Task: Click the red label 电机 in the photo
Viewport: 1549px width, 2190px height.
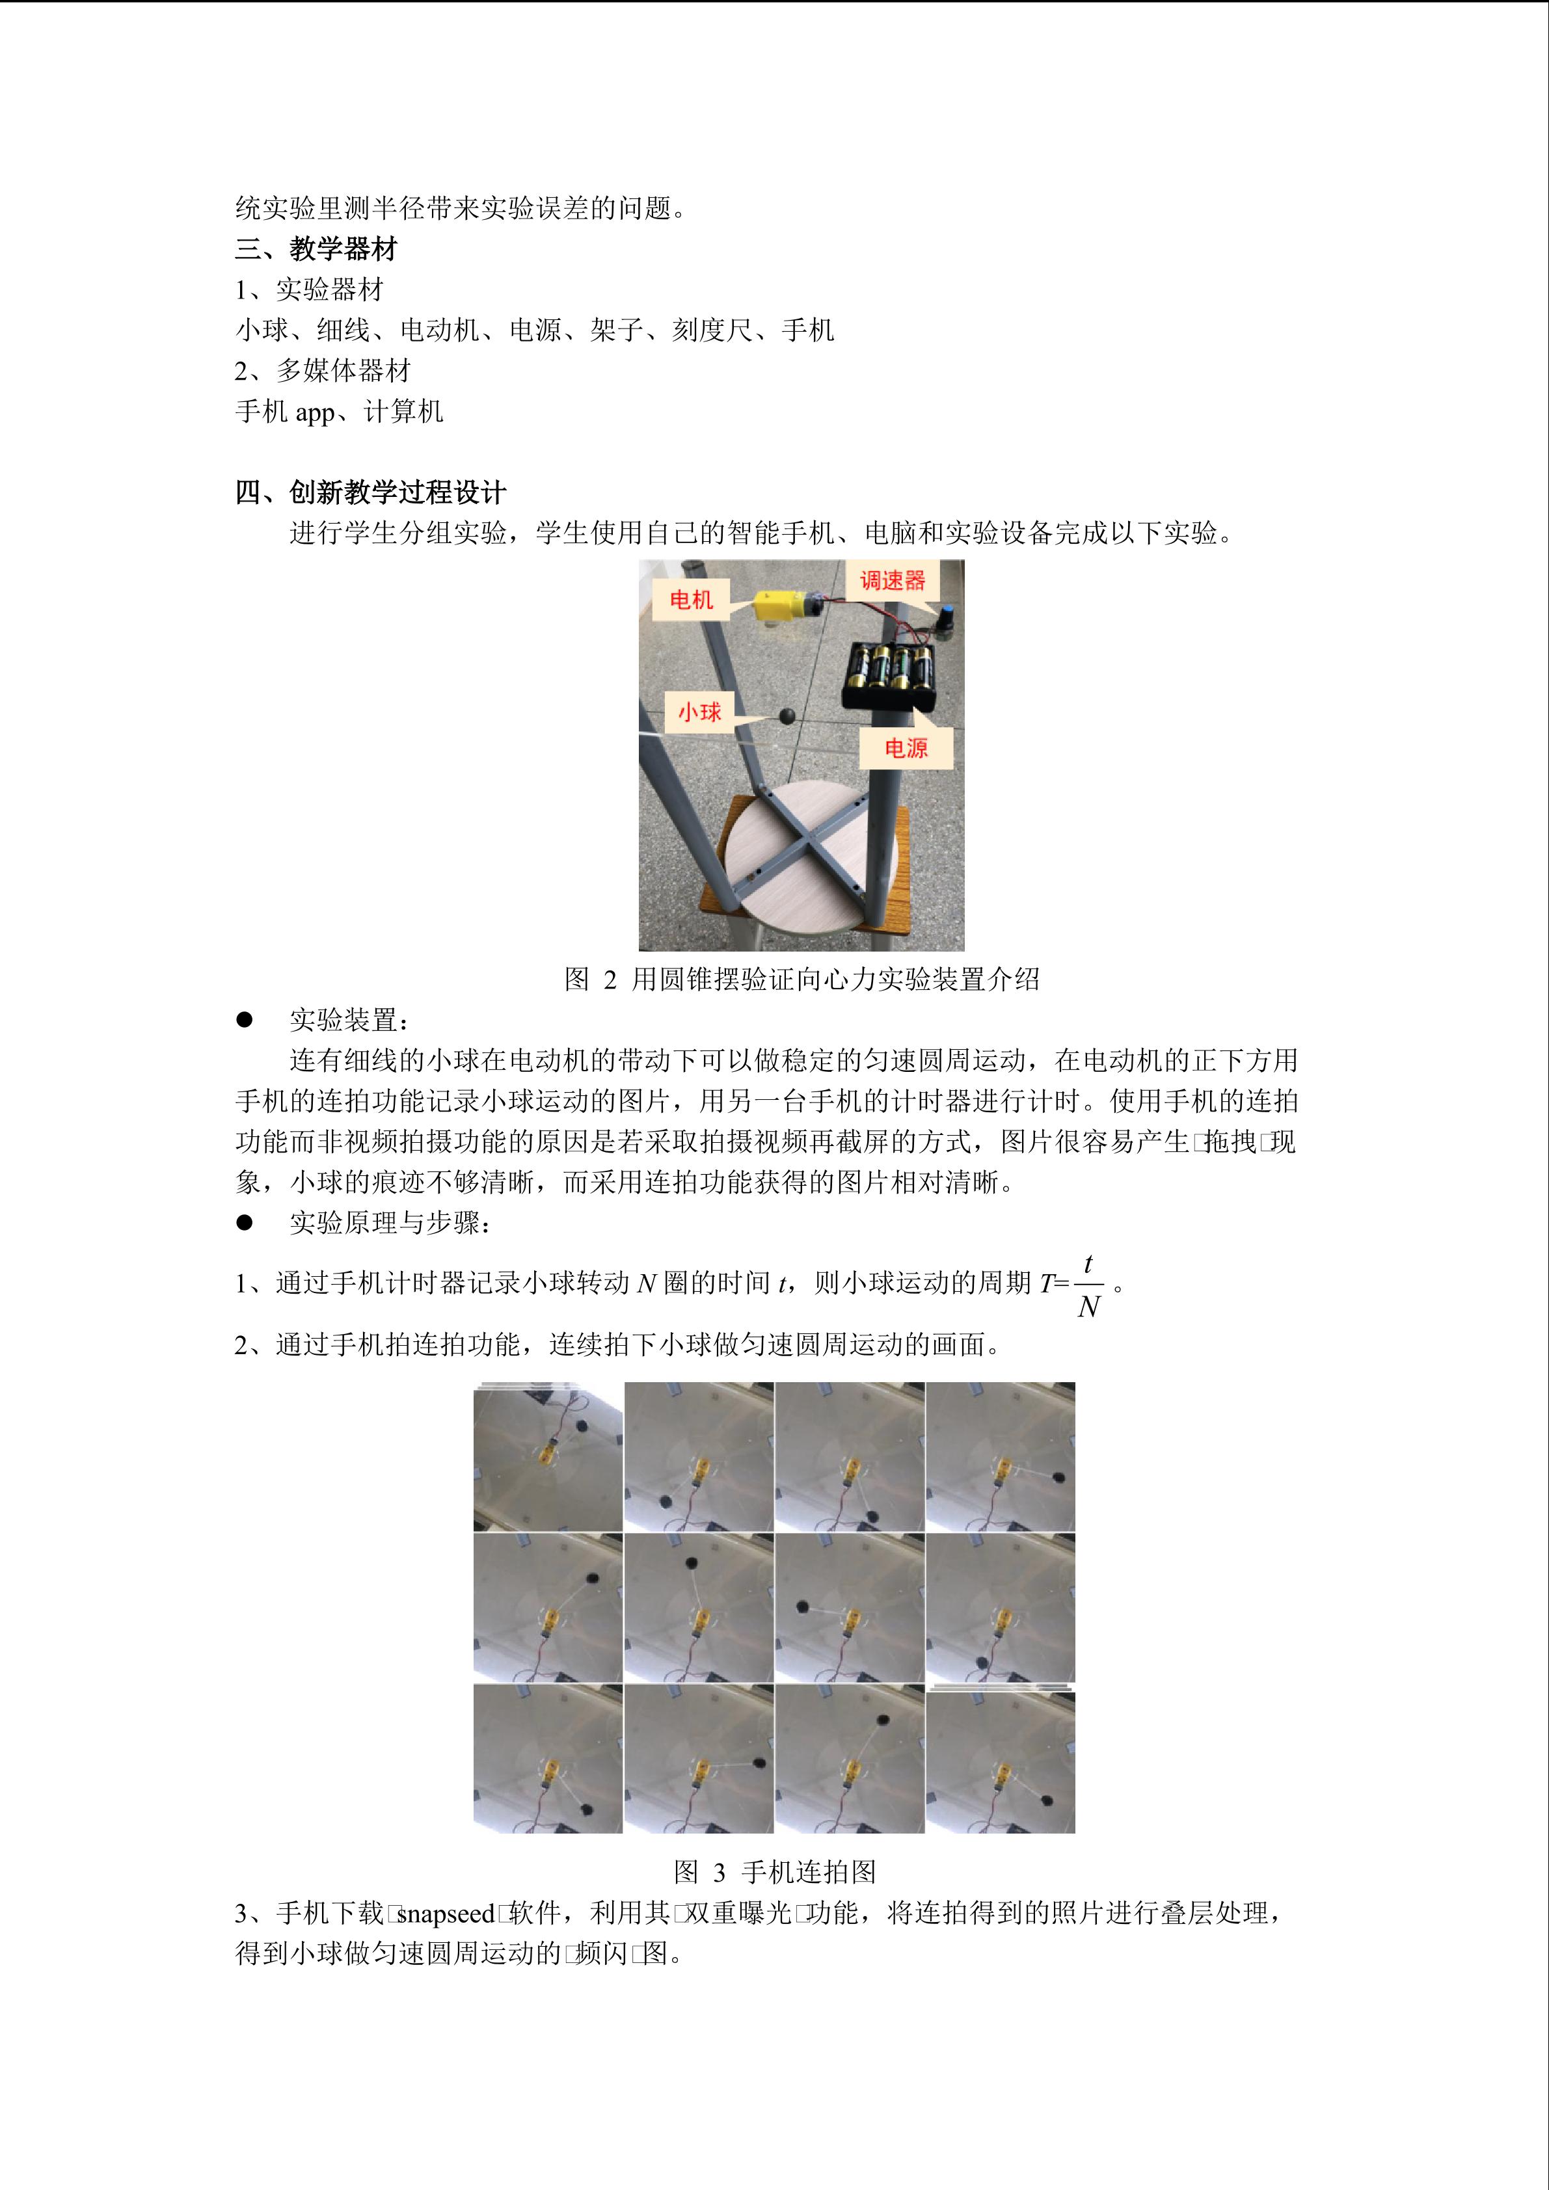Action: pos(692,600)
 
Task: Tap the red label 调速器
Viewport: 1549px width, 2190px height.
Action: pos(893,581)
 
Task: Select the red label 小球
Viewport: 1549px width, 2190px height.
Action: pos(699,712)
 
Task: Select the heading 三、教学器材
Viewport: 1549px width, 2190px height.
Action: pos(316,250)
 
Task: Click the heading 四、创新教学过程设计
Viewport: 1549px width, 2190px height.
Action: pos(370,493)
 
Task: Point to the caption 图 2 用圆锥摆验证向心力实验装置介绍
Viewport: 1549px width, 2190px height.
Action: pos(802,979)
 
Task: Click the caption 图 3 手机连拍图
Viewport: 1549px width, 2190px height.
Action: pos(774,1873)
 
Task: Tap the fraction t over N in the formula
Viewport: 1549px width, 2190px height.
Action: pos(1088,1285)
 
